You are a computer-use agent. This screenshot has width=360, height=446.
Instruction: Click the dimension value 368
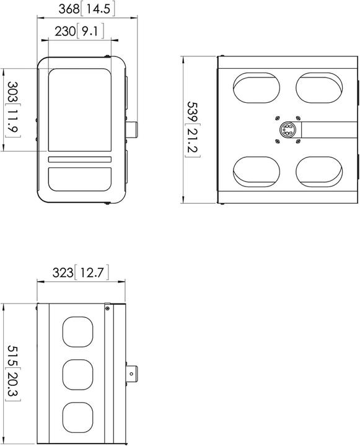(69, 9)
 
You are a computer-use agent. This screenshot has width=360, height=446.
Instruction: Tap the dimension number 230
(64, 31)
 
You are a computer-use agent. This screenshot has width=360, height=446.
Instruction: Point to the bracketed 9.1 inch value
(91, 31)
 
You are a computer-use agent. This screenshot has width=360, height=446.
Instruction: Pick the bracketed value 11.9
(11, 124)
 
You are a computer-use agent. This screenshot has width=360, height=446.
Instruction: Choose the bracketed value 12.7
(93, 273)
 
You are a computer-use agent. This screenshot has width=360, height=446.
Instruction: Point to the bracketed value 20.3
(11, 388)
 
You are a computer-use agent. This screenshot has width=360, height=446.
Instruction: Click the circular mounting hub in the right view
(288, 130)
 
